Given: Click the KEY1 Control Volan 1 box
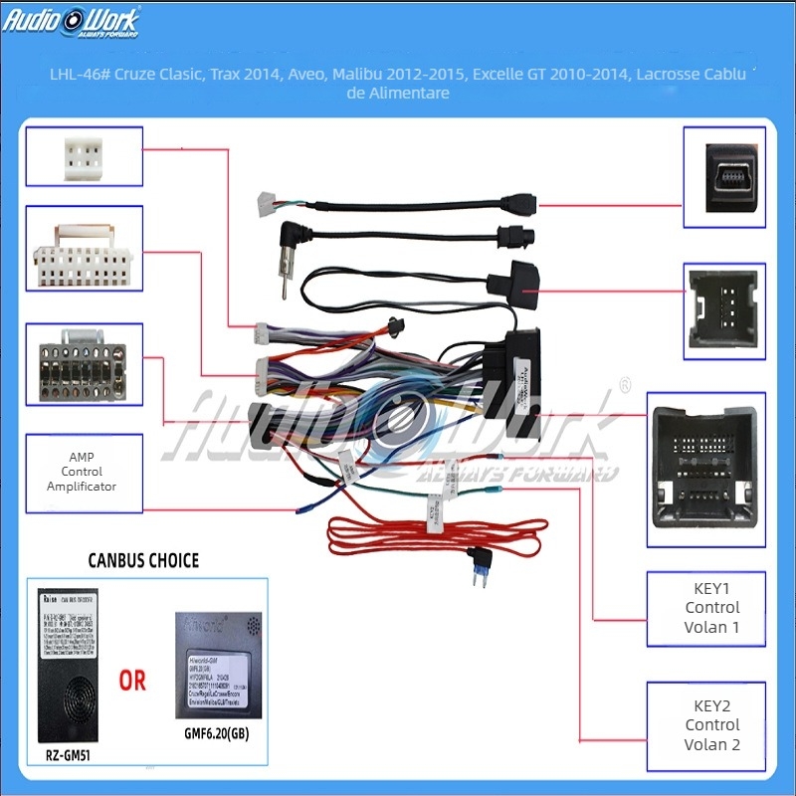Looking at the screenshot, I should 711,607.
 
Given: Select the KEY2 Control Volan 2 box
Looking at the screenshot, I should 711,725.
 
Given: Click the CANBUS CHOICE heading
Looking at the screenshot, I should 144,560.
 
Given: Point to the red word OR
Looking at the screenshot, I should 132,681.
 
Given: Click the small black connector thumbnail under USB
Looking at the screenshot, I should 724,310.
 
